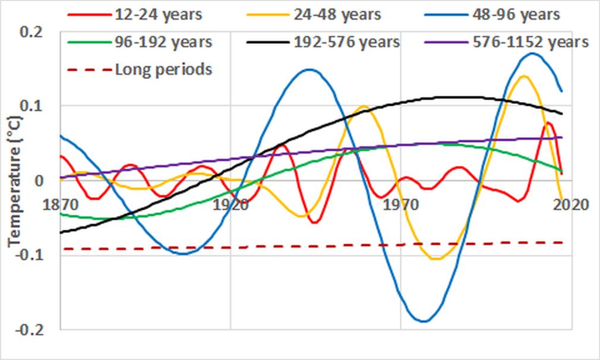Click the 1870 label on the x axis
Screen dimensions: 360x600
pyautogui.click(x=62, y=205)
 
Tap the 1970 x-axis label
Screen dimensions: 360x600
pyautogui.click(x=400, y=205)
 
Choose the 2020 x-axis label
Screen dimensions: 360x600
pyautogui.click(x=571, y=205)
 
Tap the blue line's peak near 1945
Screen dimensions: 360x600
pyautogui.click(x=310, y=70)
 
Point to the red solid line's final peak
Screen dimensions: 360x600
pyautogui.click(x=549, y=123)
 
